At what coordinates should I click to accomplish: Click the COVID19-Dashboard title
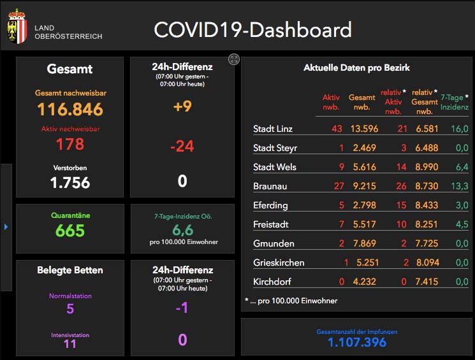coord(252,30)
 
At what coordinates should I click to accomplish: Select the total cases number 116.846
coord(70,110)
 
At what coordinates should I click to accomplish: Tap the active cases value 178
coord(70,144)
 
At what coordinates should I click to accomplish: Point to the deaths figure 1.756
coord(70,183)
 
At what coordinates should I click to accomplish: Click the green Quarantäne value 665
coord(70,231)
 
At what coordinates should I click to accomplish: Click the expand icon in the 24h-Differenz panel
coord(234,59)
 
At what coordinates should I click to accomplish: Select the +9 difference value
coord(182,107)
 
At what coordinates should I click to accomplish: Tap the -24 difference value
coord(182,147)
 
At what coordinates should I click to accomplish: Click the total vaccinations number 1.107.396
coord(357,343)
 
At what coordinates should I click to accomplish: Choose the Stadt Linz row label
coord(273,129)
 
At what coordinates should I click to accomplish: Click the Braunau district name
coord(270,186)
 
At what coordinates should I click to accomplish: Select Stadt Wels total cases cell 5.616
coord(362,167)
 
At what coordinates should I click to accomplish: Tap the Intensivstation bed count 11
coord(70,344)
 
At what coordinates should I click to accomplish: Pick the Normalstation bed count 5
coord(70,310)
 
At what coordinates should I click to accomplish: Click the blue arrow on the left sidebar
coord(6,226)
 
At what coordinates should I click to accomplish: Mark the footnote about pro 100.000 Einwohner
coord(291,301)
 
